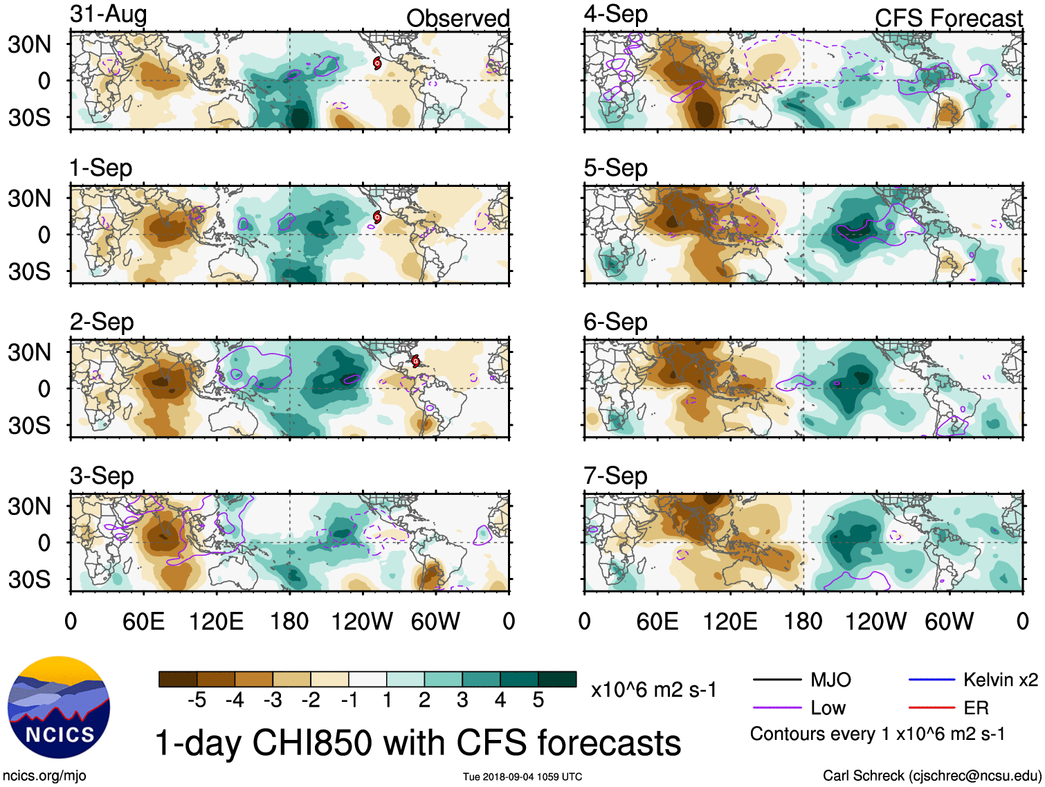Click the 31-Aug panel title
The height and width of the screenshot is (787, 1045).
point(109,15)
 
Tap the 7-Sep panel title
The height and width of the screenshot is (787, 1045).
point(615,476)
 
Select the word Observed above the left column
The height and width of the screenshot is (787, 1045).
point(457,19)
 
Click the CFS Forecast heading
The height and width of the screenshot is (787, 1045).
point(948,19)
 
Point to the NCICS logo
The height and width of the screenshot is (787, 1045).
point(59,707)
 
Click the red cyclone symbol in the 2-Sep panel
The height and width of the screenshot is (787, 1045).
point(415,361)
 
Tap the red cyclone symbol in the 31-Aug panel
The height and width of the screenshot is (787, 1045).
point(377,63)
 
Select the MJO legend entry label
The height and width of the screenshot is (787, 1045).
point(830,680)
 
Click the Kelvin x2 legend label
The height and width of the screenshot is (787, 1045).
point(1000,680)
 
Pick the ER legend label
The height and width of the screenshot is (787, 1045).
point(976,707)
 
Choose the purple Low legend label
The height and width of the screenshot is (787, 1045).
point(828,707)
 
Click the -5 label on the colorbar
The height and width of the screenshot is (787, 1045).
point(197,700)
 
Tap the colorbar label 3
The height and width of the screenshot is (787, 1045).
point(462,700)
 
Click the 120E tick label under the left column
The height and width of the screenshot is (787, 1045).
point(216,621)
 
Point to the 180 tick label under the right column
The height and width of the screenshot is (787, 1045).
point(803,621)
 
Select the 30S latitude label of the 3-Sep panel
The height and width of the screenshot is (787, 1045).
point(29,579)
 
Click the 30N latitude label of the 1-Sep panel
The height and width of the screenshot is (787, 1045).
point(29,199)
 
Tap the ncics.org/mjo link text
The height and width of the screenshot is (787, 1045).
point(44,776)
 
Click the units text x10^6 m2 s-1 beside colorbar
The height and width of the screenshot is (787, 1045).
point(653,690)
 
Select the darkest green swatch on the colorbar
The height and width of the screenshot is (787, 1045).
point(557,679)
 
